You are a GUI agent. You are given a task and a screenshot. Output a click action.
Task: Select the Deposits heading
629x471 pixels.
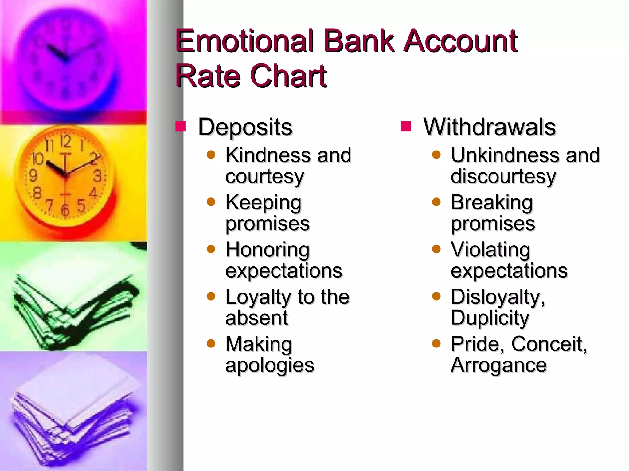coord(245,127)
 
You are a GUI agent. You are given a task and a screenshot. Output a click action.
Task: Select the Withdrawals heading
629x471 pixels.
coord(489,127)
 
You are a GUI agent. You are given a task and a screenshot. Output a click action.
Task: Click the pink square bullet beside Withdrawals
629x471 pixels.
coord(406,126)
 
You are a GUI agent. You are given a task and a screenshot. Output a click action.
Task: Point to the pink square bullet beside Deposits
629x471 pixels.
coord(180,126)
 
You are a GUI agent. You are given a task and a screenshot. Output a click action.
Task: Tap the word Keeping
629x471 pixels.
coord(263,203)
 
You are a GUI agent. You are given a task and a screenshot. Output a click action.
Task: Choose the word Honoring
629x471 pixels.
coord(267,250)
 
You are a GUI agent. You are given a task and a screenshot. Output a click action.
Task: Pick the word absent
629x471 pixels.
coord(257,318)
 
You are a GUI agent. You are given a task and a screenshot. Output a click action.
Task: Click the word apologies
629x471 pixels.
coord(270,366)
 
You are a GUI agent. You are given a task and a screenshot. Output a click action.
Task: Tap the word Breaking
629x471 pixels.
coord(491,203)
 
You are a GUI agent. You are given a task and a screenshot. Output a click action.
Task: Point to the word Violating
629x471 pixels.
coord(490,250)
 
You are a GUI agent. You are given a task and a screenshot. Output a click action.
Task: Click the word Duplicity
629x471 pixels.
coord(490,318)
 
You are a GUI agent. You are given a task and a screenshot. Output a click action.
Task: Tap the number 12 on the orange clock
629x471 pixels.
coord(65,141)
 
